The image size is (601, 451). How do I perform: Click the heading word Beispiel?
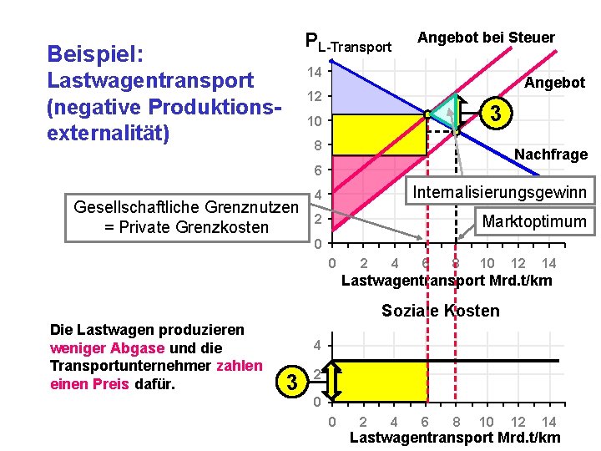(x=96, y=54)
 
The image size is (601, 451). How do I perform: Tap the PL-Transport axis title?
(x=348, y=43)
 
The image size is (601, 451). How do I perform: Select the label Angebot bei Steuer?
(x=486, y=38)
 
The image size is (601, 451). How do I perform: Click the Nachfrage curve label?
(x=551, y=155)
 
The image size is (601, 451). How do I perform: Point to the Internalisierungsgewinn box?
(x=499, y=192)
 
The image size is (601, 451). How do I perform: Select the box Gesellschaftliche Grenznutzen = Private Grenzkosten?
(x=185, y=217)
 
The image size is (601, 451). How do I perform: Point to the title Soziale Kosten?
(x=440, y=312)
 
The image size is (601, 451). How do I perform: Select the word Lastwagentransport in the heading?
(x=150, y=81)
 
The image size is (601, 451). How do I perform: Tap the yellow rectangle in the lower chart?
(x=380, y=382)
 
